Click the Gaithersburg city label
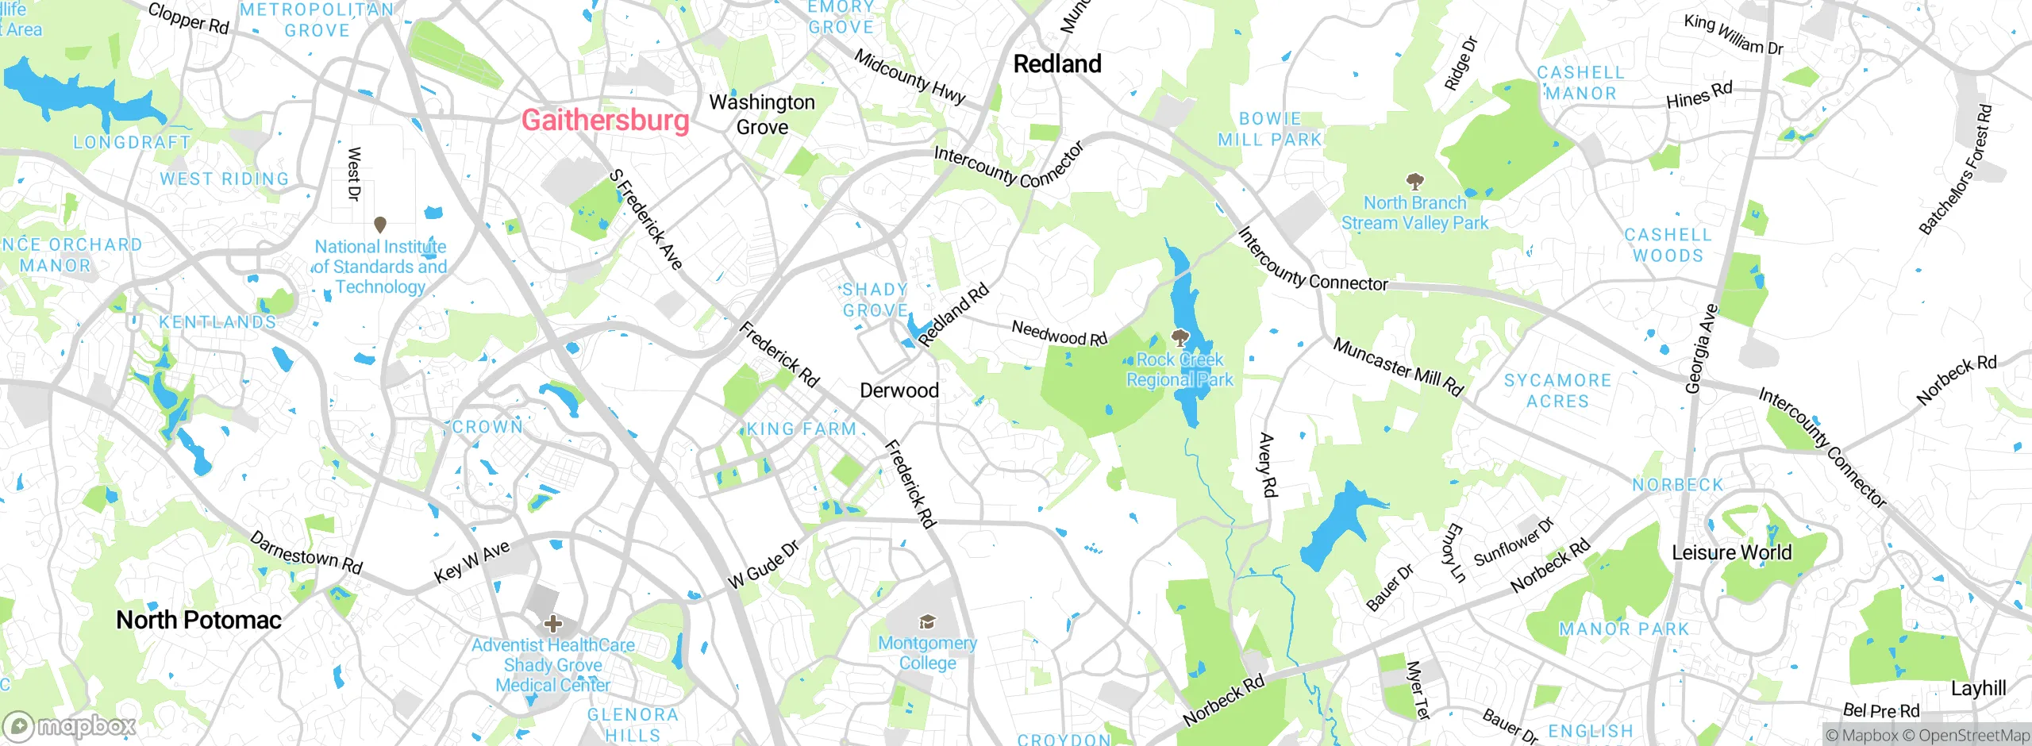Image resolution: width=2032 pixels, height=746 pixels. pyautogui.click(x=605, y=121)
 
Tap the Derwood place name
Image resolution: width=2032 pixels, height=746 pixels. pyautogui.click(x=899, y=390)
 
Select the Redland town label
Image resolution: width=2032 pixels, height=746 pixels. pyautogui.click(x=1057, y=64)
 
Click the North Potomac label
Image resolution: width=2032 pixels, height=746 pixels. pyautogui.click(x=198, y=620)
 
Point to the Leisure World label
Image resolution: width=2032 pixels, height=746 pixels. pyautogui.click(x=1731, y=552)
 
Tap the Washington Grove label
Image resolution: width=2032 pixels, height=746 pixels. pyautogui.click(x=762, y=114)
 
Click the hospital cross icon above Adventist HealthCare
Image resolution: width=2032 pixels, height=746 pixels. pyautogui.click(x=553, y=624)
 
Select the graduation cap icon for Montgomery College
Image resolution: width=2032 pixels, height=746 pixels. pyautogui.click(x=927, y=621)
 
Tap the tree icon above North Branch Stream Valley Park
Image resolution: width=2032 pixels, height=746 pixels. pyautogui.click(x=1414, y=182)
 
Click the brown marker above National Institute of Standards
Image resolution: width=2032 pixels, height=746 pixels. pyautogui.click(x=380, y=225)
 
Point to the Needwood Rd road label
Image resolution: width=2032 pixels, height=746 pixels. pyautogui.click(x=1059, y=333)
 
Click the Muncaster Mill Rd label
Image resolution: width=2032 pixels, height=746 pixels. pyautogui.click(x=1397, y=367)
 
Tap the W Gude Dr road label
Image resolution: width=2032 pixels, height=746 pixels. pyautogui.click(x=763, y=566)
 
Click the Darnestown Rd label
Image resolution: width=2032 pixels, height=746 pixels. pyautogui.click(x=306, y=552)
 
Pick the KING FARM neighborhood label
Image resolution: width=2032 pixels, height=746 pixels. pyautogui.click(x=802, y=429)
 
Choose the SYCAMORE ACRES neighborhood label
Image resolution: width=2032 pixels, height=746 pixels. pyautogui.click(x=1557, y=391)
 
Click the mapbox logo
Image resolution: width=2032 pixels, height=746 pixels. pyautogui.click(x=70, y=726)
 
